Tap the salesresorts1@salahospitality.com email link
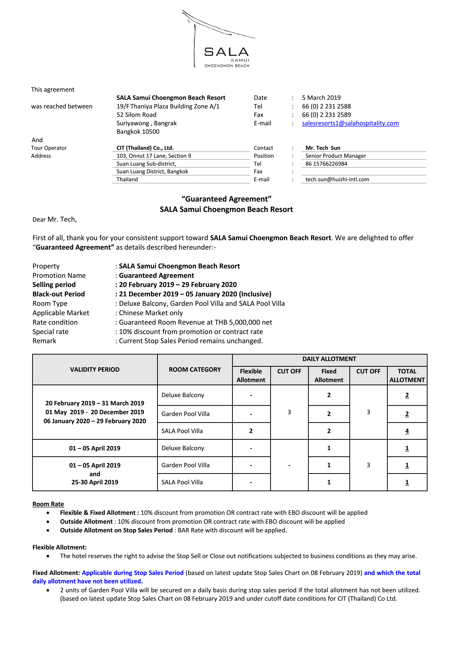[350, 123]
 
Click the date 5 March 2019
[321, 98]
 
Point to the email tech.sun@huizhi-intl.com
[337, 180]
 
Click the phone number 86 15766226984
[326, 164]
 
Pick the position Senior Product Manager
[336, 156]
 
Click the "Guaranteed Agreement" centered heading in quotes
[226, 199]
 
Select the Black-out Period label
[58, 294]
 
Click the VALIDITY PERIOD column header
[95, 369]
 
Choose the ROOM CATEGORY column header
[195, 369]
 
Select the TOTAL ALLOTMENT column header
[407, 376]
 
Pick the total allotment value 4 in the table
[407, 431]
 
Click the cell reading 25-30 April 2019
[95, 482]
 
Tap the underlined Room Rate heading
[48, 504]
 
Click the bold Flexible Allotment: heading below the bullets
[60, 547]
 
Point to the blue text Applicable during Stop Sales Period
[132, 573]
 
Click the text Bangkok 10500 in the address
[138, 132]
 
